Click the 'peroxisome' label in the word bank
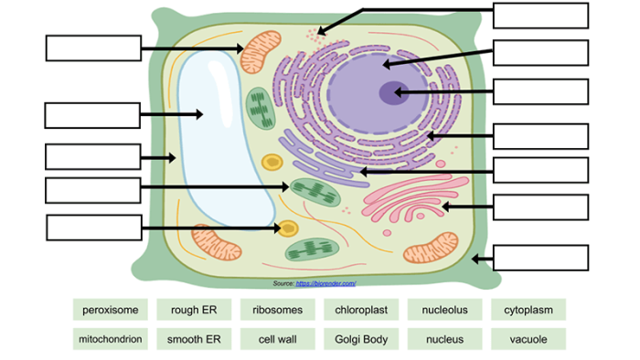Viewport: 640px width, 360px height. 109,310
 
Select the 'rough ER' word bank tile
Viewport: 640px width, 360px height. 193,310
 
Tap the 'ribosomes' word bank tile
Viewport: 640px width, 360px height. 277,310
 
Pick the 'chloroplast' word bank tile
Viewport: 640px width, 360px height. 360,310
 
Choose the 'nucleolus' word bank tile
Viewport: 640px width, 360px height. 444,310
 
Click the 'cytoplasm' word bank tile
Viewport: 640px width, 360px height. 528,310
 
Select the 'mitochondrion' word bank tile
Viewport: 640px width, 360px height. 109,339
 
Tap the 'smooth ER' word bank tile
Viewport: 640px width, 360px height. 193,339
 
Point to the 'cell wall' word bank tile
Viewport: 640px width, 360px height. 277,339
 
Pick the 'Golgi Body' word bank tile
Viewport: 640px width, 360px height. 360,339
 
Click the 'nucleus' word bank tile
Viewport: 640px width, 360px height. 444,339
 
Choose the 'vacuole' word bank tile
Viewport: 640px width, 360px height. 528,339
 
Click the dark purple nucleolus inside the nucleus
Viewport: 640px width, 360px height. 392,91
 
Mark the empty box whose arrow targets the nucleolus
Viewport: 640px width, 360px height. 540,91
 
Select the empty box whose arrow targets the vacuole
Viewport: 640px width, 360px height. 92,115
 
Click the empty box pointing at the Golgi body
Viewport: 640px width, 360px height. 540,207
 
